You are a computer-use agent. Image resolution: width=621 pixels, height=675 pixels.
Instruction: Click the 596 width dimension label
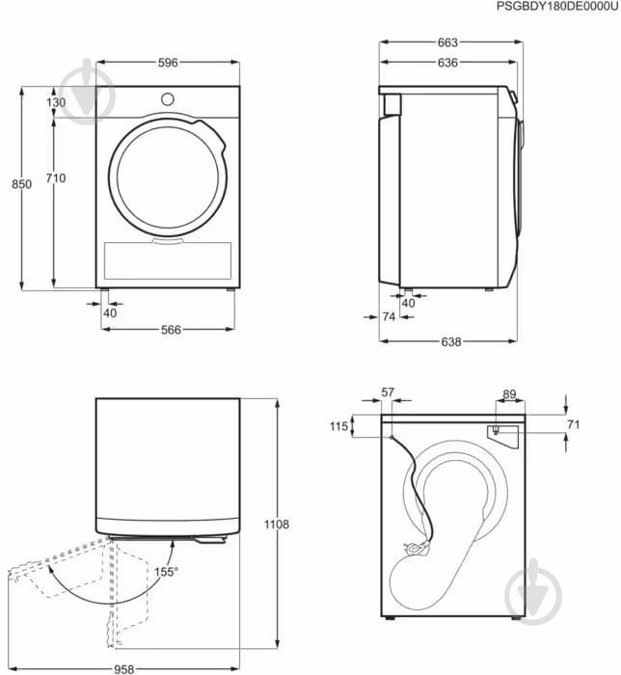(x=168, y=63)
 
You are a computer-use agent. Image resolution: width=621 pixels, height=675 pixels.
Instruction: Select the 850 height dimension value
(x=21, y=184)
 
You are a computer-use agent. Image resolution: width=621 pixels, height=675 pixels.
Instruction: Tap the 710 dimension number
(x=56, y=177)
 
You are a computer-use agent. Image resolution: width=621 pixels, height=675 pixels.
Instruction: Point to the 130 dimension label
(x=56, y=102)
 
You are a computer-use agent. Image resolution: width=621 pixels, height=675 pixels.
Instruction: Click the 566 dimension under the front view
(x=171, y=330)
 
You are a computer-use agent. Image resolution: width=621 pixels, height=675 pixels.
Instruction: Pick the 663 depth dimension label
(x=447, y=42)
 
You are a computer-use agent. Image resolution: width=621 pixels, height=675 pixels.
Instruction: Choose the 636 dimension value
(x=447, y=63)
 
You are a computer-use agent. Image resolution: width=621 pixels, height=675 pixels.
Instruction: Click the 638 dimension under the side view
(x=450, y=341)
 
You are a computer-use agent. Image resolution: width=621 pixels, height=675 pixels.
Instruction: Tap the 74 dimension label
(x=389, y=317)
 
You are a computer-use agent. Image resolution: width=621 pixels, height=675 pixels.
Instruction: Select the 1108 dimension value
(x=277, y=525)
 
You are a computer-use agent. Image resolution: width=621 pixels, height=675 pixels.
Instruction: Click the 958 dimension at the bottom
(x=124, y=669)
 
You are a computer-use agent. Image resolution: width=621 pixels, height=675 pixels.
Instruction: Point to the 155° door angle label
(x=166, y=572)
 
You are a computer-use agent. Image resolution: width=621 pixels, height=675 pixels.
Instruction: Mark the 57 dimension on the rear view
(x=388, y=392)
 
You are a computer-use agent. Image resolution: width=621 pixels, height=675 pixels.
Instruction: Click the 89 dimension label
(x=509, y=394)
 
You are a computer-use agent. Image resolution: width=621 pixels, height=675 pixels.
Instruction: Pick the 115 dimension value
(x=338, y=426)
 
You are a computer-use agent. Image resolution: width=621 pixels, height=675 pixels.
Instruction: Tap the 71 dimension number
(x=573, y=425)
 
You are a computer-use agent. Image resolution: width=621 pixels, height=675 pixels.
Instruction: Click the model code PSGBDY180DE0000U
(x=557, y=7)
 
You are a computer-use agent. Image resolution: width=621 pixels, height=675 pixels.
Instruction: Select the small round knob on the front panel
(x=168, y=99)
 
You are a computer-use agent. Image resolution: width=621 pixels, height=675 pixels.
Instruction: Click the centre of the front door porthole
(x=168, y=177)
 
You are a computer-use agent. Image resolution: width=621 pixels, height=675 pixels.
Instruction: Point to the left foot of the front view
(x=104, y=290)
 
